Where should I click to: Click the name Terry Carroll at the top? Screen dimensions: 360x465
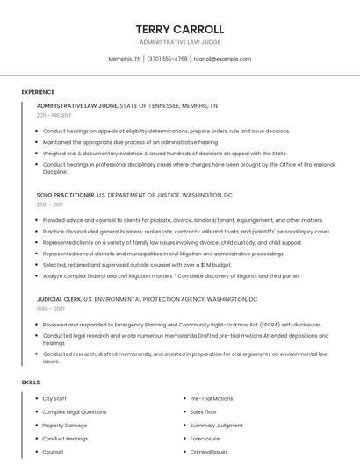180,29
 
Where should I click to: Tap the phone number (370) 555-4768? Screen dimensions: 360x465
167,59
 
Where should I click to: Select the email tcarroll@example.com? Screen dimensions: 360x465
222,59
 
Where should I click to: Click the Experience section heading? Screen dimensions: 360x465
38,91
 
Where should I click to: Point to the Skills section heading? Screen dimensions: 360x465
30,383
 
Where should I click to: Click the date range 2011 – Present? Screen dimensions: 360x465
54,115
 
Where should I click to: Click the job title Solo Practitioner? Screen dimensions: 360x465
65,194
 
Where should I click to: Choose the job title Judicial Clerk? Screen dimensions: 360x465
60,298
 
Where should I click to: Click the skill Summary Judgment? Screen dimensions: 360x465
216,426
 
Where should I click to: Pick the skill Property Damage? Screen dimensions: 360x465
65,426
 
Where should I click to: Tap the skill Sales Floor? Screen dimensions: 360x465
203,412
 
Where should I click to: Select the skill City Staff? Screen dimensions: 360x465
54,399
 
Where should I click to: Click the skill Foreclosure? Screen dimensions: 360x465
205,439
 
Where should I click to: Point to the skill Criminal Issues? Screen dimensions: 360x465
209,452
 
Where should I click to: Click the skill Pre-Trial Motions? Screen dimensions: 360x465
212,399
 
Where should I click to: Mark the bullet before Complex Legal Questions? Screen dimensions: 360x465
36,412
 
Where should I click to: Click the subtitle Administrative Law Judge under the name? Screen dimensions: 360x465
180,42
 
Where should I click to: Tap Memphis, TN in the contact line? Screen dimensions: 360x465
125,59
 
